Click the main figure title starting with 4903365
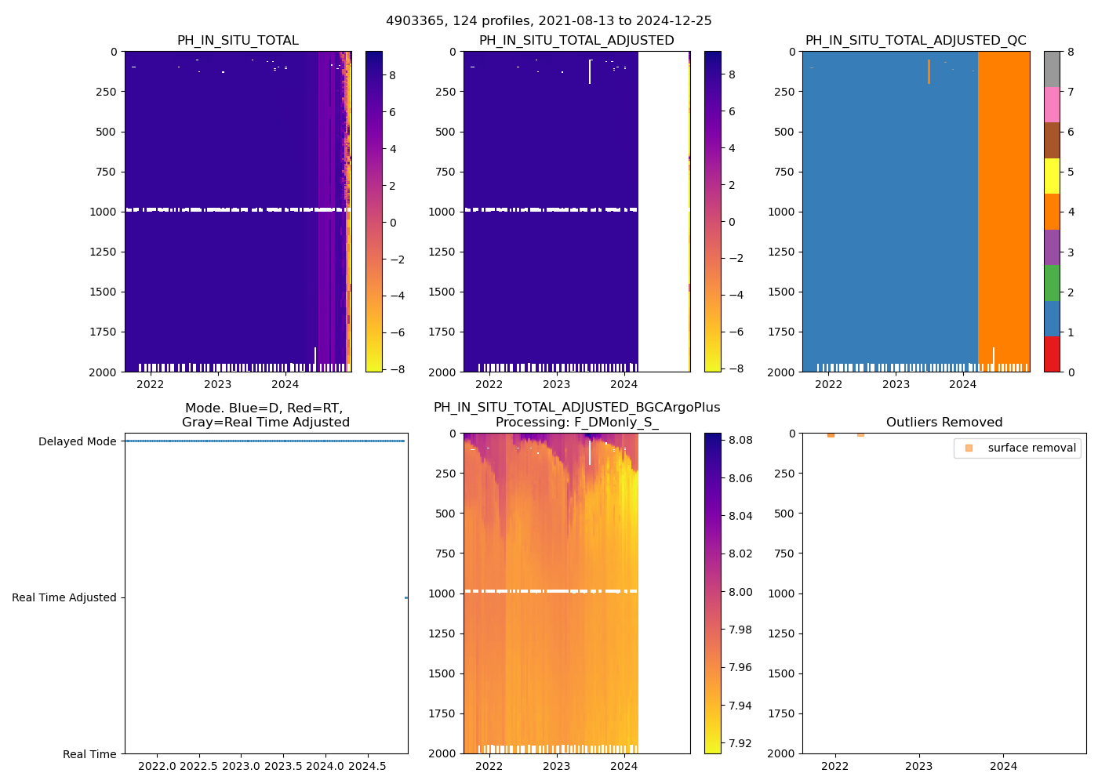pyautogui.click(x=548, y=21)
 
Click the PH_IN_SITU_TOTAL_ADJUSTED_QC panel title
pyautogui.click(x=915, y=41)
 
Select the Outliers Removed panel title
pyautogui.click(x=943, y=423)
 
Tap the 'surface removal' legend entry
pyautogui.click(x=1031, y=448)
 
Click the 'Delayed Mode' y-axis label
pyautogui.click(x=77, y=441)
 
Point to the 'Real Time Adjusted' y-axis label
pyautogui.click(x=64, y=597)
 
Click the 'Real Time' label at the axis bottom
pyautogui.click(x=89, y=754)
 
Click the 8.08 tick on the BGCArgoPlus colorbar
pyautogui.click(x=740, y=440)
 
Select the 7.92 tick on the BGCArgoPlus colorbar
pyautogui.click(x=740, y=743)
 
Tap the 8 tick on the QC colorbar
pyautogui.click(x=1071, y=53)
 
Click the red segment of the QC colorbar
pyautogui.click(x=1052, y=354)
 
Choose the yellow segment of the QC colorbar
pyautogui.click(x=1052, y=176)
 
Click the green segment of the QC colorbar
pyautogui.click(x=1052, y=283)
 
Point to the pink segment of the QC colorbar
pyautogui.click(x=1052, y=105)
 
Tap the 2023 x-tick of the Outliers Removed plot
pyautogui.click(x=919, y=766)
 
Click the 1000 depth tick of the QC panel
pyautogui.click(x=783, y=212)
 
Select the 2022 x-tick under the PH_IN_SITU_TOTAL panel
pyautogui.click(x=151, y=384)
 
